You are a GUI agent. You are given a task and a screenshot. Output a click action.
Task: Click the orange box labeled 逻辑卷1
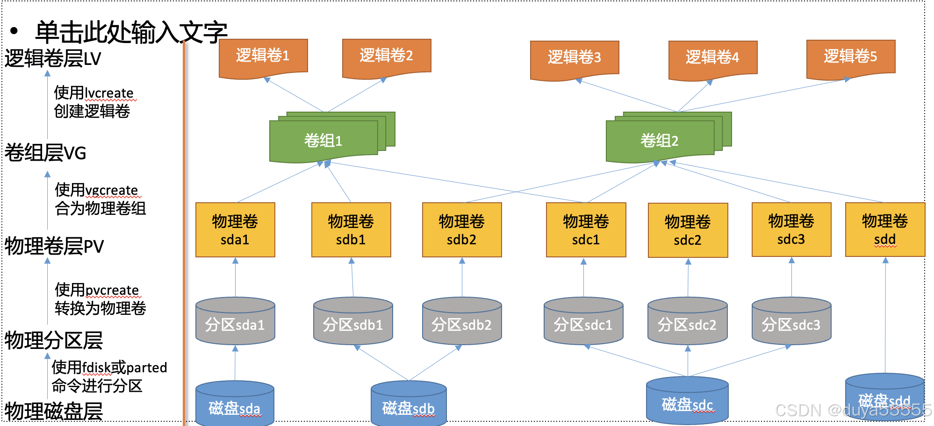coord(263,57)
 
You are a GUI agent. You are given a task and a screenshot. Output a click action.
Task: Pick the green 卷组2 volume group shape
coord(660,140)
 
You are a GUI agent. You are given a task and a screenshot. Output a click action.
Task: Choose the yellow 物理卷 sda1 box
coord(235,230)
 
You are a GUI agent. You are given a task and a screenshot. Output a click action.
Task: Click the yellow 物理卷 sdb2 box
coord(462,230)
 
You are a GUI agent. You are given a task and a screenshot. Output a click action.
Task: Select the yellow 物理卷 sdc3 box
coord(791,229)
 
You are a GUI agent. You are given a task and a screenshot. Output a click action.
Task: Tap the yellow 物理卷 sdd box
coord(885,229)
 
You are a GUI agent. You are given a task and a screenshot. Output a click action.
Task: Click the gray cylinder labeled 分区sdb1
coord(353,324)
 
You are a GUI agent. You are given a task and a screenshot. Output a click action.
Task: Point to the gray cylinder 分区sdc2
coord(687,324)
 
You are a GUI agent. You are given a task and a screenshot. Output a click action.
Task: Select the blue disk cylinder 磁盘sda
coord(235,406)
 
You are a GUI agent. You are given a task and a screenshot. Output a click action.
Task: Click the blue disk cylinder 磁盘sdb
coord(409,406)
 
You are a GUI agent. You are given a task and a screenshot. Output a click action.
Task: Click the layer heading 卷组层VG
coord(46,153)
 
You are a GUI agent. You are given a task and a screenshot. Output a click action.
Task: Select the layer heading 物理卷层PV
coord(54,246)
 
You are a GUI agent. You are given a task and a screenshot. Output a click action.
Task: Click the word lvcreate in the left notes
coord(110,93)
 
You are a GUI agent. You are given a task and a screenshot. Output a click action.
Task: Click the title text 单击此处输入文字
coord(131,32)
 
